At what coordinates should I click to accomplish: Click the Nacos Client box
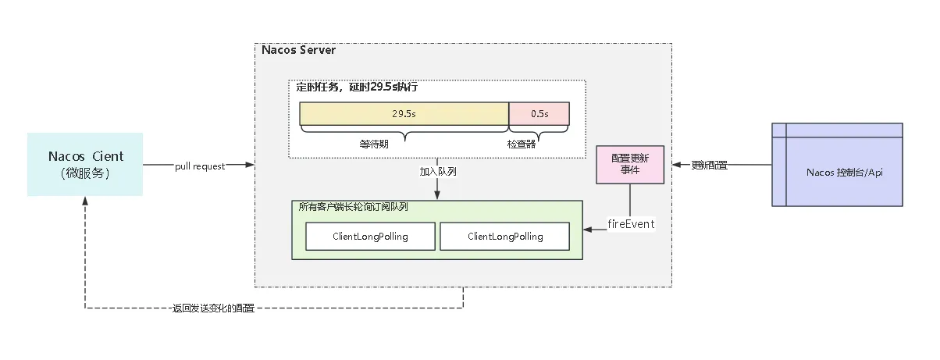[85, 165]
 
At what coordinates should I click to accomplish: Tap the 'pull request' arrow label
[200, 166]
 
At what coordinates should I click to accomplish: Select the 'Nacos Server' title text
[298, 50]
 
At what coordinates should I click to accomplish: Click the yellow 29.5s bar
[404, 114]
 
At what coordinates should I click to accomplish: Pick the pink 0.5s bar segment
[539, 114]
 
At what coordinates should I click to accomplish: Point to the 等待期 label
[374, 144]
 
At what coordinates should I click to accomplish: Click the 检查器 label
[522, 144]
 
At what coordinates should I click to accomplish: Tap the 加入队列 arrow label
[438, 172]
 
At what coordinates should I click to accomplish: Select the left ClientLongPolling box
[370, 236]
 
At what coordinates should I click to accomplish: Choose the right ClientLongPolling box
[505, 236]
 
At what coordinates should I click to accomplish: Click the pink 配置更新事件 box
[630, 165]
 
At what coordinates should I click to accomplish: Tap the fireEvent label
[631, 224]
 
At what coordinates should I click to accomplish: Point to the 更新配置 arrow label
[709, 166]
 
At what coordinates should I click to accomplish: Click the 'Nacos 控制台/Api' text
[844, 173]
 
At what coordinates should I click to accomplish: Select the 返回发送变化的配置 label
[213, 308]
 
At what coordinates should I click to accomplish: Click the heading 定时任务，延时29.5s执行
[357, 87]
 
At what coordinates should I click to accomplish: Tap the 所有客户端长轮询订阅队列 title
[353, 207]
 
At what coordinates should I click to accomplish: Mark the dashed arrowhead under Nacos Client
[85, 201]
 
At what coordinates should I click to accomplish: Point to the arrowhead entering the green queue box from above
[437, 195]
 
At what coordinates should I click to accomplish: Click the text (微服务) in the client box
[85, 173]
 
